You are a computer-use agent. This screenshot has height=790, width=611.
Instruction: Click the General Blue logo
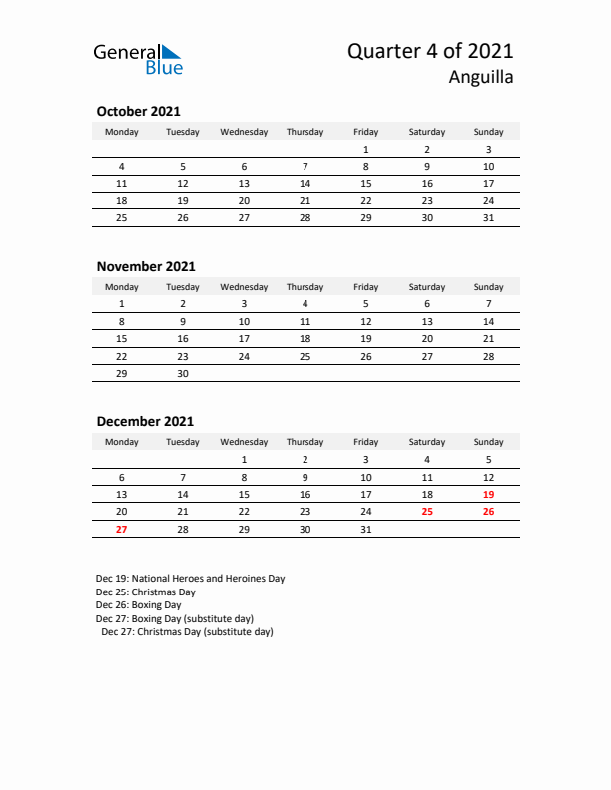point(138,59)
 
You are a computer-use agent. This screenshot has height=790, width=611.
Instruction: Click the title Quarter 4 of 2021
point(430,52)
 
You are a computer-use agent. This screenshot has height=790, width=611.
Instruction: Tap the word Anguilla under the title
point(481,78)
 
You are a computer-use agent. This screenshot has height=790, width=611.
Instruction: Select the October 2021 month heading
point(138,112)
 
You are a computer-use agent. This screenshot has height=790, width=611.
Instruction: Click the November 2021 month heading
point(146,266)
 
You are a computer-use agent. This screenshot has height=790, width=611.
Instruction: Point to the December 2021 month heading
point(145,421)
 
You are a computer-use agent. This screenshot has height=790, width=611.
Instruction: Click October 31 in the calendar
point(488,217)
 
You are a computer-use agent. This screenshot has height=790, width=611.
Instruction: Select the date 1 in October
point(366,149)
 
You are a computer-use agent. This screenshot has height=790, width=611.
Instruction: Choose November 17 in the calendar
point(244,338)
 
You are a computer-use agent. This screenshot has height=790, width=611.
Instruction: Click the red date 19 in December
point(488,494)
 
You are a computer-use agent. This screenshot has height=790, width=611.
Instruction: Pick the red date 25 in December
point(427,511)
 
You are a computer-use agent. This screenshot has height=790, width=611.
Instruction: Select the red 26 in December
point(488,511)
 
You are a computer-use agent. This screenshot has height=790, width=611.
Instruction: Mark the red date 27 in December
point(122,529)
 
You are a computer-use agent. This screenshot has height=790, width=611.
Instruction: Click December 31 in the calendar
point(366,529)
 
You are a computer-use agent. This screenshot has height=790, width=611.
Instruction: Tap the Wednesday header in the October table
point(244,132)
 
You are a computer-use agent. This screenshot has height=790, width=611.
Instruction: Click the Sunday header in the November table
point(488,287)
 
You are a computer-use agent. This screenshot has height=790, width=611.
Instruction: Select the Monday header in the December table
point(122,442)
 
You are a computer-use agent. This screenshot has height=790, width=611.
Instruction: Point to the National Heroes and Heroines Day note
point(191,578)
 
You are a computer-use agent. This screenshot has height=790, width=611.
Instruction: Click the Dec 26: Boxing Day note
point(139,604)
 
